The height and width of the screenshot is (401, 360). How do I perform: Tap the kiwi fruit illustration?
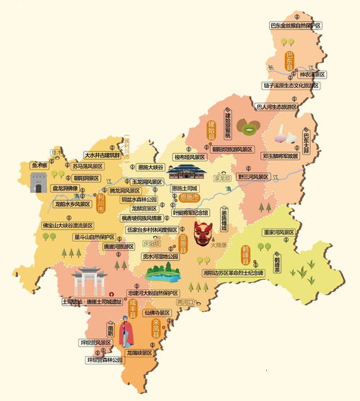coord(250,129)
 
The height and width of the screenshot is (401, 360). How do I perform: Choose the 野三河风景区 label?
coord(255,177)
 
